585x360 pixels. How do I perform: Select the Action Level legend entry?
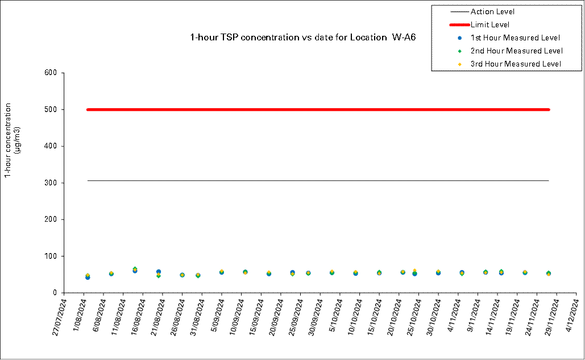[x=492, y=11]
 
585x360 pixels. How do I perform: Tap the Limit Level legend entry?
[x=489, y=24]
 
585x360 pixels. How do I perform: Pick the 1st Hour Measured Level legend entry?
[x=515, y=38]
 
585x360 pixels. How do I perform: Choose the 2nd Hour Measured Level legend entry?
[x=516, y=51]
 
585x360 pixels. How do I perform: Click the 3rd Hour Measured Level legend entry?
[x=516, y=64]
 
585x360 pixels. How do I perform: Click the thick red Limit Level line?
[x=318, y=110]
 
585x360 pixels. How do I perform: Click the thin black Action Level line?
[x=318, y=181]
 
